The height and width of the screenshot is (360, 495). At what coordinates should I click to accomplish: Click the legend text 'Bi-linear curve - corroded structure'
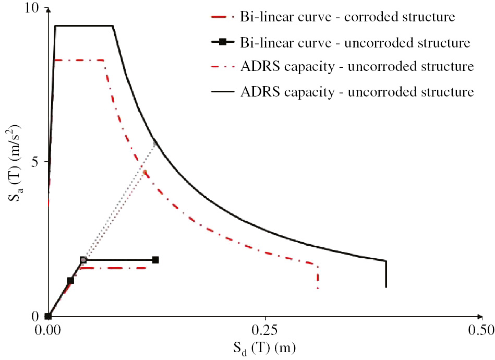(348, 16)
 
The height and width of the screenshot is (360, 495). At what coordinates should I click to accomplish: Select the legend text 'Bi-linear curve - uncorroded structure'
(356, 42)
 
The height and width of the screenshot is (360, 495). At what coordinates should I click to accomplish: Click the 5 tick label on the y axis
(35, 162)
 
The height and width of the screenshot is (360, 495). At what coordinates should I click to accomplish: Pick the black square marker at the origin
(48, 316)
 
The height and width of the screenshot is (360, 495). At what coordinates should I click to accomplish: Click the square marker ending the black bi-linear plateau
(155, 260)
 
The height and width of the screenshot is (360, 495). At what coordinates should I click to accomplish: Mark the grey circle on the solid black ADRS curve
(155, 143)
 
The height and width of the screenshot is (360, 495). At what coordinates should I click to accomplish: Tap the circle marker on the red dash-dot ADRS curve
(145, 172)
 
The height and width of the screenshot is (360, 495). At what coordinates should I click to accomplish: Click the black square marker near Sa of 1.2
(70, 281)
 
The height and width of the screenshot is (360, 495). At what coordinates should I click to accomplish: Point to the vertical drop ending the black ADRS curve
(386, 274)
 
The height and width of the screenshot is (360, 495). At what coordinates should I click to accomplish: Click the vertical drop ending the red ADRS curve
(318, 277)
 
